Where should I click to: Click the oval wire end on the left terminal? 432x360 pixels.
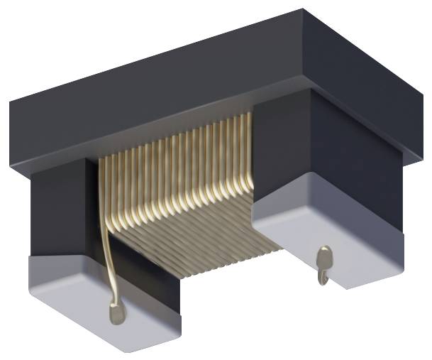pos(116,310)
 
